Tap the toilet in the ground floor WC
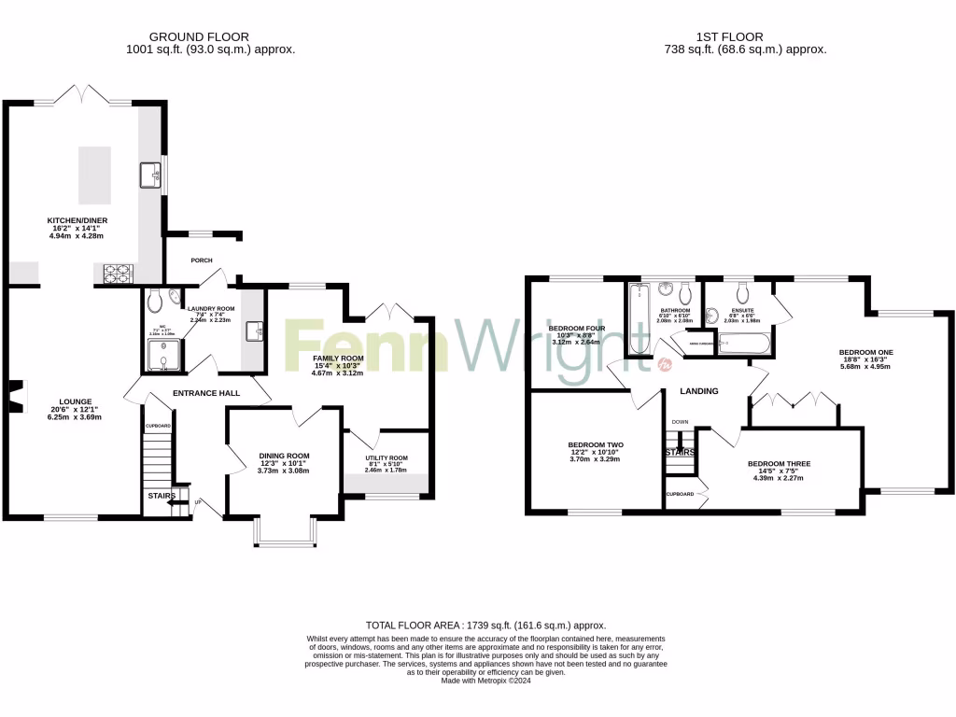coord(155,300)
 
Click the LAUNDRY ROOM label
coord(211,308)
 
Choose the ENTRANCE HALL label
coord(206,393)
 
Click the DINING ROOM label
coord(284,456)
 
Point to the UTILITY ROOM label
coord(387,458)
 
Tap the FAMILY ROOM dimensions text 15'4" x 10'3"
coord(337,366)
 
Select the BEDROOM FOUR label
coord(576,329)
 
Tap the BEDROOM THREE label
coord(778,464)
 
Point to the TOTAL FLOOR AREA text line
coord(485,625)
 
